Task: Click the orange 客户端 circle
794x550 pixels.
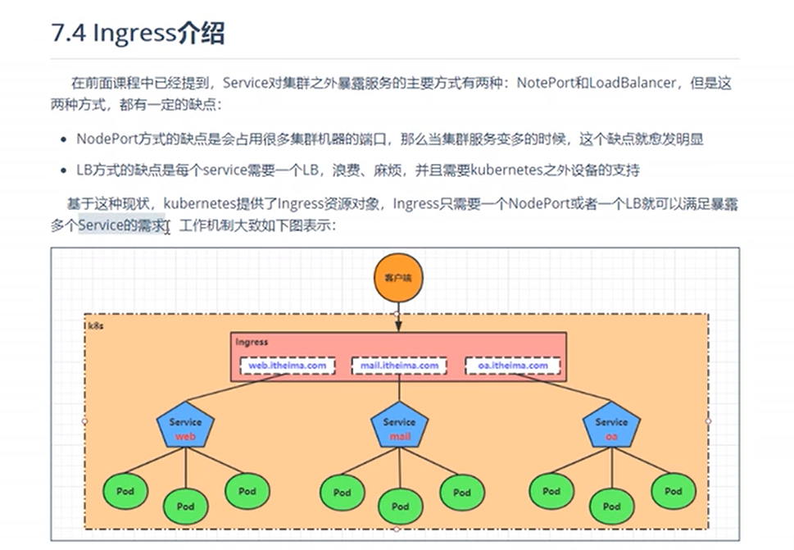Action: pyautogui.click(x=397, y=278)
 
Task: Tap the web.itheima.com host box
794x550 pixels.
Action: pyautogui.click(x=287, y=366)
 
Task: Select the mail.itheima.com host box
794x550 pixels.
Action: pyautogui.click(x=400, y=366)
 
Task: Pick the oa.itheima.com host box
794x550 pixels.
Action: pyautogui.click(x=512, y=366)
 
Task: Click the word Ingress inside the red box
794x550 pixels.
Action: pyautogui.click(x=252, y=342)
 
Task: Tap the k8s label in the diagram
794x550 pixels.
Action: pyautogui.click(x=97, y=325)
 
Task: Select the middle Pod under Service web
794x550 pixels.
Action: pyautogui.click(x=186, y=507)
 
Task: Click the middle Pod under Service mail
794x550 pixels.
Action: pyautogui.click(x=400, y=507)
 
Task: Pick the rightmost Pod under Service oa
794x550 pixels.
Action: pyautogui.click(x=673, y=491)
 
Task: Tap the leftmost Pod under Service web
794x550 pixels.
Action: pyautogui.click(x=125, y=491)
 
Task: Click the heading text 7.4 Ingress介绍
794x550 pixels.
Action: pyautogui.click(x=138, y=34)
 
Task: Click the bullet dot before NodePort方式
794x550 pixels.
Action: pyautogui.click(x=66, y=139)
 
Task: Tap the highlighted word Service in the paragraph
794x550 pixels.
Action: pyautogui.click(x=102, y=225)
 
